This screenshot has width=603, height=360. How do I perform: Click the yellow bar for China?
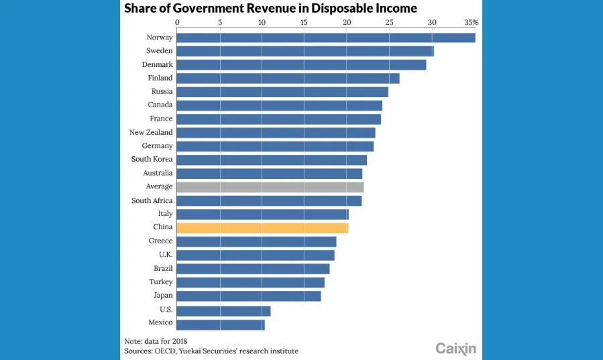click(263, 228)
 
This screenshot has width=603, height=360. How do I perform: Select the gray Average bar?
click(270, 187)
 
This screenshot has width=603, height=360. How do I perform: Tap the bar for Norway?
click(326, 38)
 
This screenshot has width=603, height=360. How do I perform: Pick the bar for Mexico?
click(221, 324)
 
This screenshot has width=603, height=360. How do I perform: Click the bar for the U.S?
click(224, 311)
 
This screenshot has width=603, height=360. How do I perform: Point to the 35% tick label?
click(471, 22)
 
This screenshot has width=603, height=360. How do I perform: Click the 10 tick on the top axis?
click(262, 22)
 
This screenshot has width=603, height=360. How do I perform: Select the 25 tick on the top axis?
click(390, 22)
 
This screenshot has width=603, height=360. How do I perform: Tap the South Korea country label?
click(152, 160)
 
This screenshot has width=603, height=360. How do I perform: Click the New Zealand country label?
click(151, 133)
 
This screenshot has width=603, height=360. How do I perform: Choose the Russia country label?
click(162, 91)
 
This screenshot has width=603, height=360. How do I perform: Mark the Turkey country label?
click(161, 282)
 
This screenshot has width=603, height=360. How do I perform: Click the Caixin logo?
click(455, 348)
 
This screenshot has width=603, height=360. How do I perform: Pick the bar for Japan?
click(249, 296)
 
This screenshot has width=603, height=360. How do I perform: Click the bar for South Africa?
click(270, 200)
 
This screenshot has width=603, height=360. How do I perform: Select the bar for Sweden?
click(305, 51)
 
